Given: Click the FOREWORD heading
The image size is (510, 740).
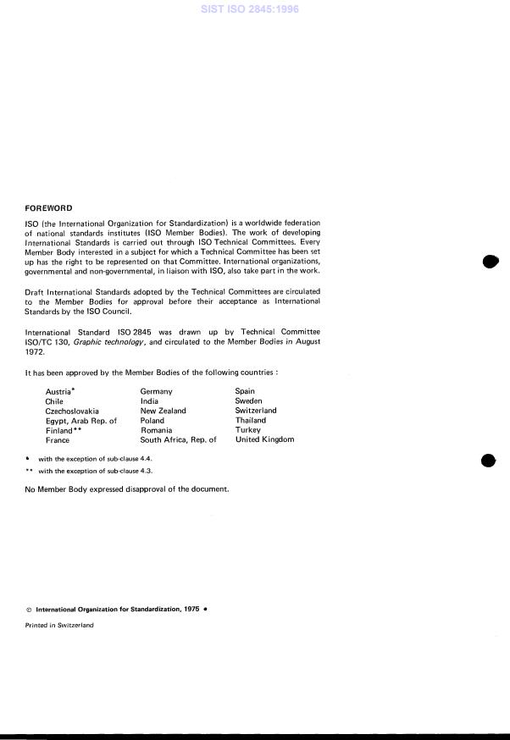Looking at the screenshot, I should pyautogui.click(x=49, y=208).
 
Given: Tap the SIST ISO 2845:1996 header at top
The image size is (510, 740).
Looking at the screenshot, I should pyautogui.click(x=254, y=9).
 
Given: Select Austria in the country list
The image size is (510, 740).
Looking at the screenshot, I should pyautogui.click(x=58, y=392).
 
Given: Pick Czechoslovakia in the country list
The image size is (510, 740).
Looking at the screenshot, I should pyautogui.click(x=72, y=411).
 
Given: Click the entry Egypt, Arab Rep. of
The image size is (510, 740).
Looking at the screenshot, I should pyautogui.click(x=80, y=421).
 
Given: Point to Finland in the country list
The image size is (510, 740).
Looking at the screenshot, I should pyautogui.click(x=59, y=430).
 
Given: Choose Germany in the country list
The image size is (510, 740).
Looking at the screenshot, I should pyautogui.click(x=156, y=392).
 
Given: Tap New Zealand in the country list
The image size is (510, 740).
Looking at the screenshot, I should pyautogui.click(x=163, y=411).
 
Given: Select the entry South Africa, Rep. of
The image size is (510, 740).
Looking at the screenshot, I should pyautogui.click(x=178, y=440).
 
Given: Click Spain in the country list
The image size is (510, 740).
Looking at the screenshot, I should pyautogui.click(x=245, y=392).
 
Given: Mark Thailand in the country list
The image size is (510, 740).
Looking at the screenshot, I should pyautogui.click(x=250, y=421).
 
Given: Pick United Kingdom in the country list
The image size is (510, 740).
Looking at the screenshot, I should pyautogui.click(x=264, y=440).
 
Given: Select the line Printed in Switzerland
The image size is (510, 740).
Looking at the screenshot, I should pyautogui.click(x=59, y=625).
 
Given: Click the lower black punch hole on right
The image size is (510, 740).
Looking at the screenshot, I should pyautogui.click(x=488, y=461).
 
